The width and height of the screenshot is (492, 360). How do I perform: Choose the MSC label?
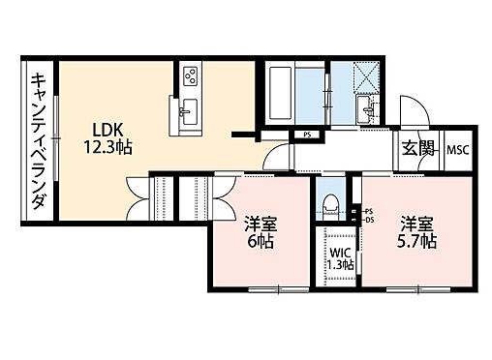pyautogui.click(x=456, y=151)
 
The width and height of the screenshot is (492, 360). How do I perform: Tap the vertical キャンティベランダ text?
pyautogui.click(x=39, y=141)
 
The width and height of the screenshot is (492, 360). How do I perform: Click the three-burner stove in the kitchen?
pyautogui.click(x=189, y=75)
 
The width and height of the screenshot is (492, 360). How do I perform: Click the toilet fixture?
pyautogui.click(x=331, y=203)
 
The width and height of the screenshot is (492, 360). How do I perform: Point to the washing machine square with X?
pyautogui.click(x=369, y=74)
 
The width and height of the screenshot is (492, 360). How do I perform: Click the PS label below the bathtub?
pyautogui.click(x=307, y=135)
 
